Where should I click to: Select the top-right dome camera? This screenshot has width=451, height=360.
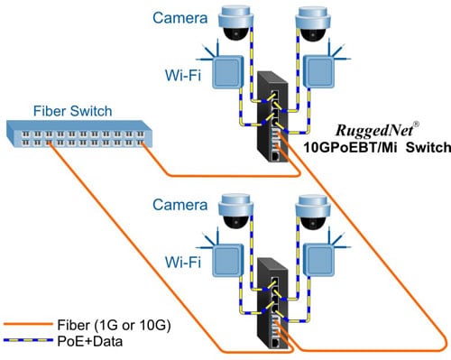(x=321, y=25)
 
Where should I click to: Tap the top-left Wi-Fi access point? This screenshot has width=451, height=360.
(x=230, y=72)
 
